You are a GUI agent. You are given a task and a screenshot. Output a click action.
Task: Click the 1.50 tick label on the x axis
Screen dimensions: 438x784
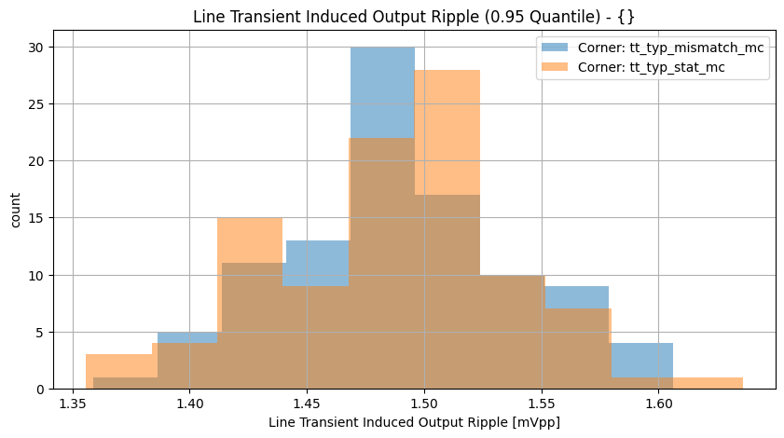424,404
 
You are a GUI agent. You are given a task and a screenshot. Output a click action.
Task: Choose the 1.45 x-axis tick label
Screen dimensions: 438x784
307,404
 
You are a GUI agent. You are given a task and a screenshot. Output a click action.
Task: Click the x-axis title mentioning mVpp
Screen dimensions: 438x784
414,423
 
